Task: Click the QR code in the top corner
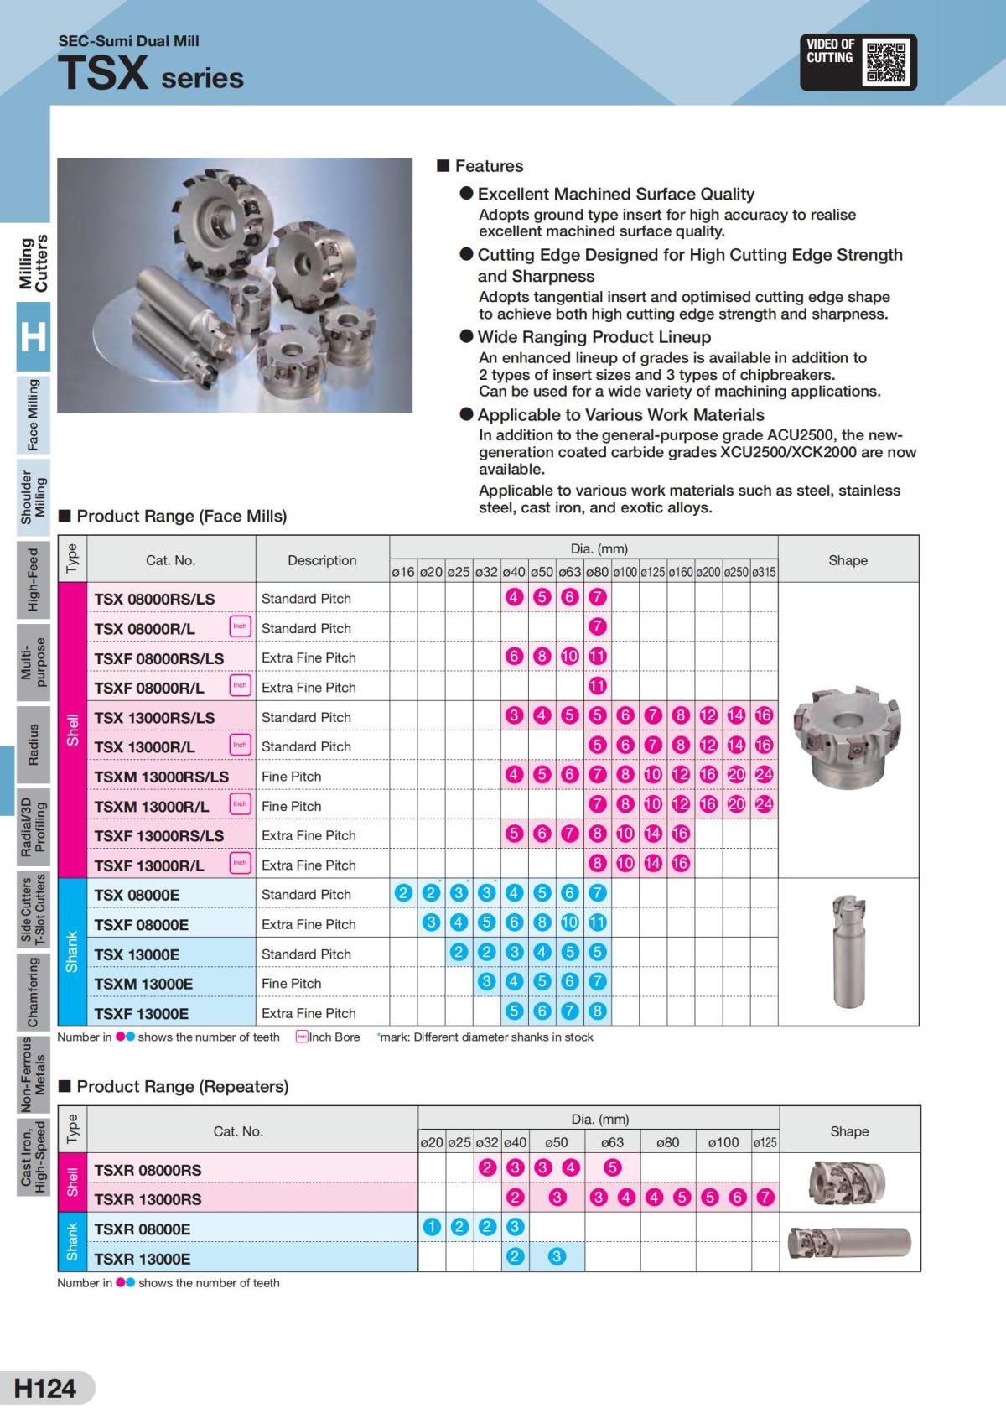tap(886, 62)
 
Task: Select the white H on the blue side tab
tap(33, 337)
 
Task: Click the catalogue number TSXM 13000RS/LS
tap(161, 777)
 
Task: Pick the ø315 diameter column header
tap(764, 572)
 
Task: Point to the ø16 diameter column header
tap(403, 572)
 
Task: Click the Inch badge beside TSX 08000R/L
tap(240, 627)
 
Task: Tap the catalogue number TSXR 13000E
tap(142, 1259)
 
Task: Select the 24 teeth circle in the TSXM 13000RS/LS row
tap(764, 775)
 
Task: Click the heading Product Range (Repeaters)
tap(182, 1087)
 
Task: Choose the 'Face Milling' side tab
tap(33, 414)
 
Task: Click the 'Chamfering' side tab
tap(33, 992)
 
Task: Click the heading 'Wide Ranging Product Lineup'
tap(594, 337)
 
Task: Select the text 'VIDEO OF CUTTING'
tap(830, 51)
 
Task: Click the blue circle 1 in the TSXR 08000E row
tap(432, 1228)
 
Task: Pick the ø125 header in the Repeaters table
tap(765, 1142)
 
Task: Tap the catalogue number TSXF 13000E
tap(141, 1013)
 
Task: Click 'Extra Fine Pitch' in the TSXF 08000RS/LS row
tap(309, 658)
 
